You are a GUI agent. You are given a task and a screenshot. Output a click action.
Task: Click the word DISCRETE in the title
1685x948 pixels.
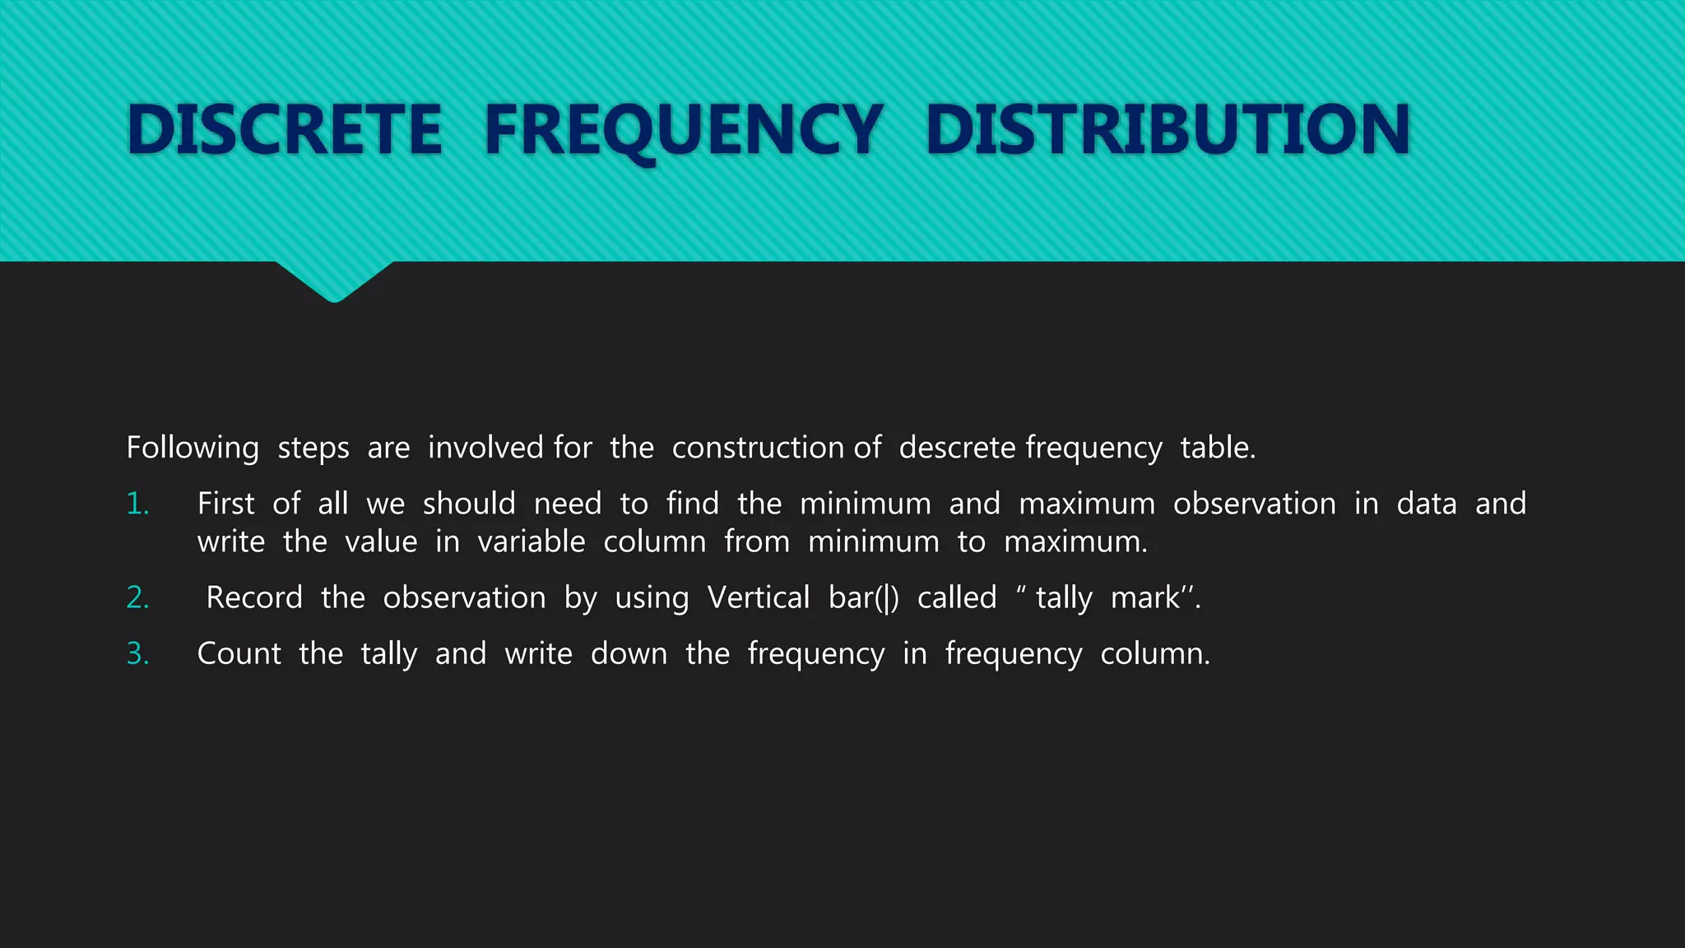[285, 129]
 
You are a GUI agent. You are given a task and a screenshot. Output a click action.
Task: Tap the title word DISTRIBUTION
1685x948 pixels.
[1167, 129]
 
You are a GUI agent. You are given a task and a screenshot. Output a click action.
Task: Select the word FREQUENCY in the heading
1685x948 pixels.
[684, 129]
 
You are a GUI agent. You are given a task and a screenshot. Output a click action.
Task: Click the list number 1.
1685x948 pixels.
[137, 504]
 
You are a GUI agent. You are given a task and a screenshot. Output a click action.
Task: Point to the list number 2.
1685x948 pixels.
[137, 597]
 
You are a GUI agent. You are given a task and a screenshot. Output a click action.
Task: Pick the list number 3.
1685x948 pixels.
[137, 653]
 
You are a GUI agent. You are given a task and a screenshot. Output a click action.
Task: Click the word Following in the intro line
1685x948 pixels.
[193, 448]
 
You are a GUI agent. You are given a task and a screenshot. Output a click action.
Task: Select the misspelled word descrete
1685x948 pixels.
[957, 448]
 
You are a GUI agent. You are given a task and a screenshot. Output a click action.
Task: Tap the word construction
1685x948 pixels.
[758, 448]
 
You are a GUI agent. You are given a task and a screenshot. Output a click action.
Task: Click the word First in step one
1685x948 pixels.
[225, 504]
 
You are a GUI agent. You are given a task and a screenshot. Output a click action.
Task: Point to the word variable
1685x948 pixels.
[531, 542]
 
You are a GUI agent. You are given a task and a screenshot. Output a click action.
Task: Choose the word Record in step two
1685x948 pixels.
[254, 597]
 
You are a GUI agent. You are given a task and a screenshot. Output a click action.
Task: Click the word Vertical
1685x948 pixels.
[759, 597]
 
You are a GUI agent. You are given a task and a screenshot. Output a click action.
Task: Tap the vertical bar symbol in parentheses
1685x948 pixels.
[886, 598]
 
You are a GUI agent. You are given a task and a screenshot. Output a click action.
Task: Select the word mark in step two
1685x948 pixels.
[1145, 597]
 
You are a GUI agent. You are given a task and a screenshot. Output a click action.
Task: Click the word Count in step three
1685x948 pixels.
[239, 653]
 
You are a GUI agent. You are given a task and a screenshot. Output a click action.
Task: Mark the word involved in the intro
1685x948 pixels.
[486, 448]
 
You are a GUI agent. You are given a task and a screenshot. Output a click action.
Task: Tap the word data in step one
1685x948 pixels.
[1427, 504]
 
